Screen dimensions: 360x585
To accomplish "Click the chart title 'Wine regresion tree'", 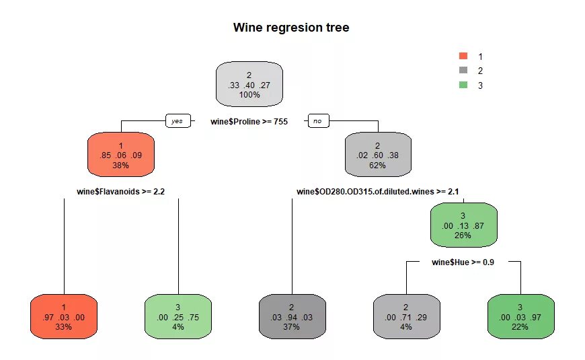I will point(291,28).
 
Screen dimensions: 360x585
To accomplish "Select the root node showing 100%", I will point(249,85).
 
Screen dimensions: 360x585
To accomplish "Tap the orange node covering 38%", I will point(121,154).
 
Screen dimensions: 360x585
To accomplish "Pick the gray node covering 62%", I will point(377,154).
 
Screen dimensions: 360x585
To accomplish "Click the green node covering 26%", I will point(463,225).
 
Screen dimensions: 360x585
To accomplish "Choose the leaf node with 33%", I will point(64,316).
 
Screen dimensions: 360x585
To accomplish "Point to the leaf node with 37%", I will point(292,316).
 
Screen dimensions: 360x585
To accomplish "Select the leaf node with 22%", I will point(520,316).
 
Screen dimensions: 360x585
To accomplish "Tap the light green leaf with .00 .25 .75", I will point(178,316).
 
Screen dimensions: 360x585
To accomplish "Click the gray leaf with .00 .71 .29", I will point(406,316).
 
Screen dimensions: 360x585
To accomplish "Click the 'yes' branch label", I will point(177,121).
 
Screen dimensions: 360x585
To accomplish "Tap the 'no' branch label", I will point(317,121).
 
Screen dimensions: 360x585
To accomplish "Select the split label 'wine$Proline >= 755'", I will point(249,121).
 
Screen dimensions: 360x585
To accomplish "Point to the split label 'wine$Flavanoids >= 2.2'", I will point(121,191).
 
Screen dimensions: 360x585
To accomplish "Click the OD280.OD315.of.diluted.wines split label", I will point(377,191).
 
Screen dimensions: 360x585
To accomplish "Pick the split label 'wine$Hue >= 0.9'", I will point(463,262).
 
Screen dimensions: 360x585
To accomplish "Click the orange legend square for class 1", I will point(463,56).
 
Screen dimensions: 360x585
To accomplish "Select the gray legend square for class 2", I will point(463,70).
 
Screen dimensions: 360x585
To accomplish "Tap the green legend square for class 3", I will point(463,85).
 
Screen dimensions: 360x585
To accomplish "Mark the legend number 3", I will point(480,85).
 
